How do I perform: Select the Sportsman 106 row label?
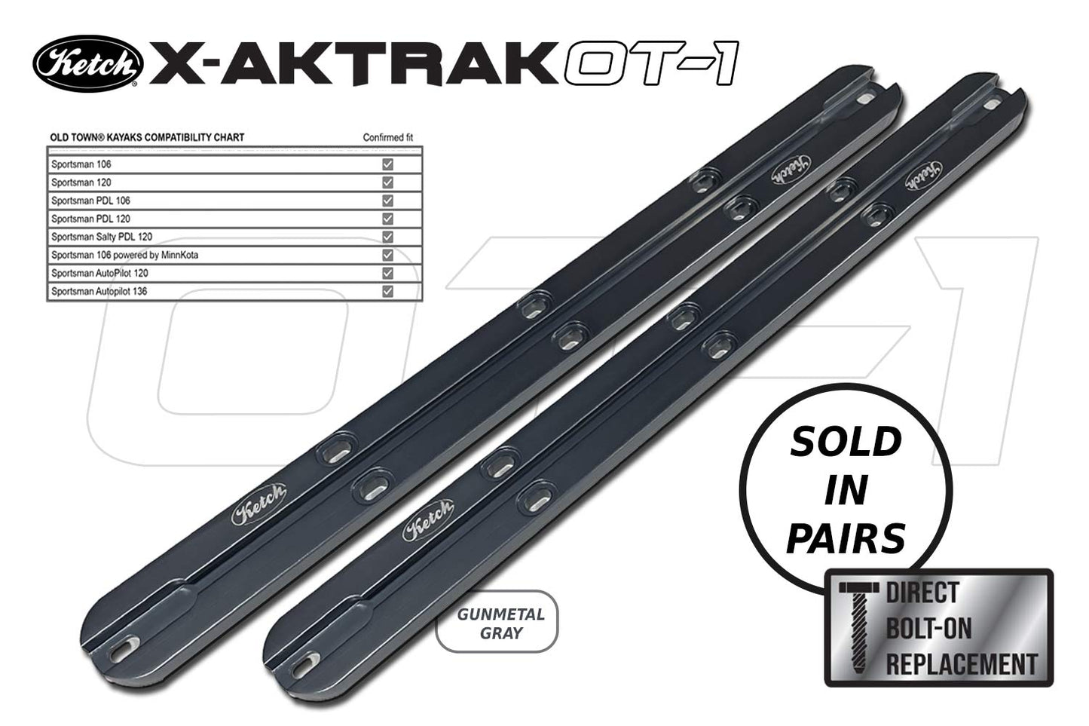81,164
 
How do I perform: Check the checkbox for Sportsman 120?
387,182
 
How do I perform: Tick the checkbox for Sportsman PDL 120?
387,219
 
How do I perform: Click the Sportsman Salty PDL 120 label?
101,237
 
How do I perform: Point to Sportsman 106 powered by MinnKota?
124,255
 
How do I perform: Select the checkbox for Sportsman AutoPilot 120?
387,273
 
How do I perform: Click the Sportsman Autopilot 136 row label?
99,291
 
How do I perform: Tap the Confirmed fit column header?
387,138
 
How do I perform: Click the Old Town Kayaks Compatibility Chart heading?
147,138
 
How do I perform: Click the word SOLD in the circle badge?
845,443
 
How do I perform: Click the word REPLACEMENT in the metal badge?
962,664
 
